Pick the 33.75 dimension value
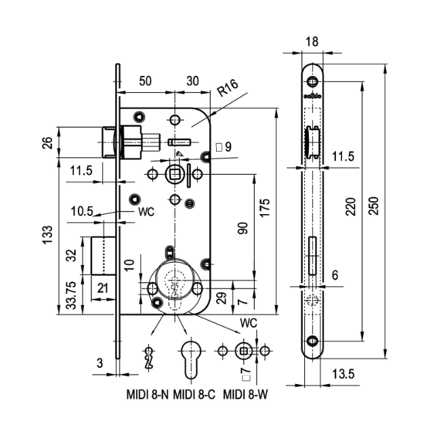point(71,296)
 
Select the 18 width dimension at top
point(312,41)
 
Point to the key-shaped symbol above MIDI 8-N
point(148,356)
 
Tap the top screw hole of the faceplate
point(312,82)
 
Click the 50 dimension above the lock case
point(145,80)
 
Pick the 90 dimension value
point(242,228)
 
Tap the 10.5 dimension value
point(81,211)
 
